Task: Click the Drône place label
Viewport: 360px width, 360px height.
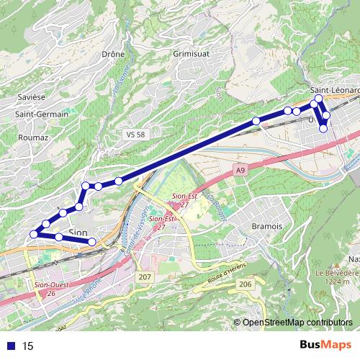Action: pos(113,53)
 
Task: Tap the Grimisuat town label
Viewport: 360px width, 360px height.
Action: pos(190,53)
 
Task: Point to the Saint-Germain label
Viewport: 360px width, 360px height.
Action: pos(42,114)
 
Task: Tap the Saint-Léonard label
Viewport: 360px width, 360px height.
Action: pos(335,90)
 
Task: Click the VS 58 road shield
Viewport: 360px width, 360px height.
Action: pos(135,135)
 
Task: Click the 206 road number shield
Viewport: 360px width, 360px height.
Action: pos(245,285)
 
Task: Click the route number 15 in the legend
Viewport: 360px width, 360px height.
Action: pos(29,346)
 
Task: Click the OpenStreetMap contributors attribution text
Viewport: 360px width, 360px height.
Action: pos(297,323)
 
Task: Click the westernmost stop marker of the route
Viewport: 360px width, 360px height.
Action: pos(33,233)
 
